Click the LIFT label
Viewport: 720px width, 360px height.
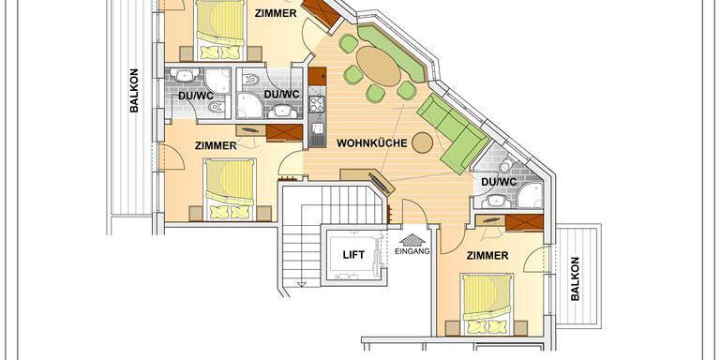(353, 254)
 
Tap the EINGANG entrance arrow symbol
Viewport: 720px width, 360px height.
(412, 240)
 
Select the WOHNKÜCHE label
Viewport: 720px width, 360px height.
(372, 143)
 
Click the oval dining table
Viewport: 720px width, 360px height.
(379, 67)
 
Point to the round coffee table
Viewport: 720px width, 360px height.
(423, 142)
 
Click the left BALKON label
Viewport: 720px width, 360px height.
(134, 90)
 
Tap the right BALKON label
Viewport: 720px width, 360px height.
(575, 278)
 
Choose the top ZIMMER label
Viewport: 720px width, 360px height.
(276, 13)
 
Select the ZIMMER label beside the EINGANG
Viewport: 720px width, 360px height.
(487, 256)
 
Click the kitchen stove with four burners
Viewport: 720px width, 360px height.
(317, 104)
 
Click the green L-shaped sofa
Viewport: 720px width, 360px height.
(452, 133)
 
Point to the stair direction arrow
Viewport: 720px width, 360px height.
(301, 284)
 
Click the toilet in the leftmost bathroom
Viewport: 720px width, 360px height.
(214, 107)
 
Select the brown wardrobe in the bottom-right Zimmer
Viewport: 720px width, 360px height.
(524, 222)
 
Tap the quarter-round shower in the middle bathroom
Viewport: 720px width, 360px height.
(248, 106)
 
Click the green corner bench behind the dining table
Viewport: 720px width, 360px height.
(392, 53)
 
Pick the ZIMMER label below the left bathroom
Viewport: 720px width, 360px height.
(216, 146)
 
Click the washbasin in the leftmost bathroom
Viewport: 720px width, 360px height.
(185, 75)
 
